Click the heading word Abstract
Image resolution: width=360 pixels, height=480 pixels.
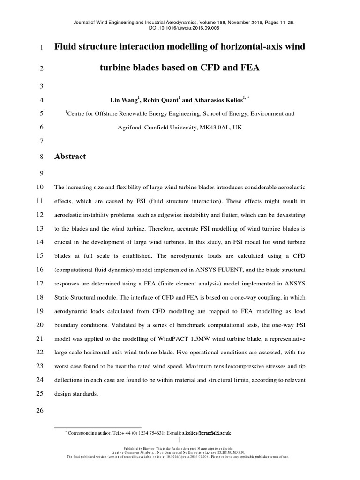(x=70, y=157)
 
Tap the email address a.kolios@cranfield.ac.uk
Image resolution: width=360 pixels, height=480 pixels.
(x=207, y=434)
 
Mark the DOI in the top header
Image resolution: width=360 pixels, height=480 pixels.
(x=180, y=28)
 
